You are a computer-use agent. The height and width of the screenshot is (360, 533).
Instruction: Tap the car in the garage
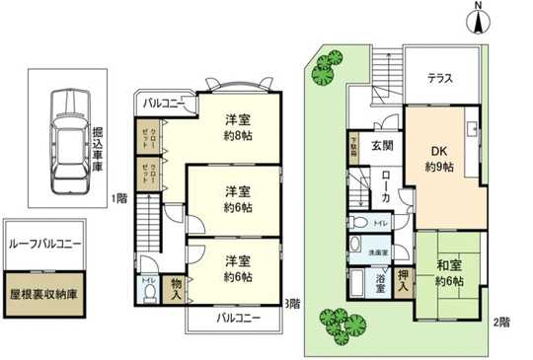66,129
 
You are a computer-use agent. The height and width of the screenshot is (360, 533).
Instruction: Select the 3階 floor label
292,304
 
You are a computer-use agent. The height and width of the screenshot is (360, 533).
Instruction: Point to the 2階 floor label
501,322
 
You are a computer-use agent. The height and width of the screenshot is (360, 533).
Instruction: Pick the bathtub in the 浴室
358,288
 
